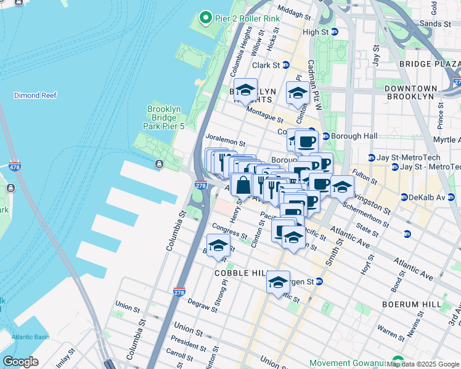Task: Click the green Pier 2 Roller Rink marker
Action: (205, 18)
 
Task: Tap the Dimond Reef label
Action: (35, 95)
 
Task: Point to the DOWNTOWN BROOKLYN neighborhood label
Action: (410, 92)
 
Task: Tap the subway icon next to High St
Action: (335, 32)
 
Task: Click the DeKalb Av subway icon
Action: (404, 197)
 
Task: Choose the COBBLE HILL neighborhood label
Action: (239, 272)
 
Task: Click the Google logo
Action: (20, 362)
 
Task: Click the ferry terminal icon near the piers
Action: (159, 164)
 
